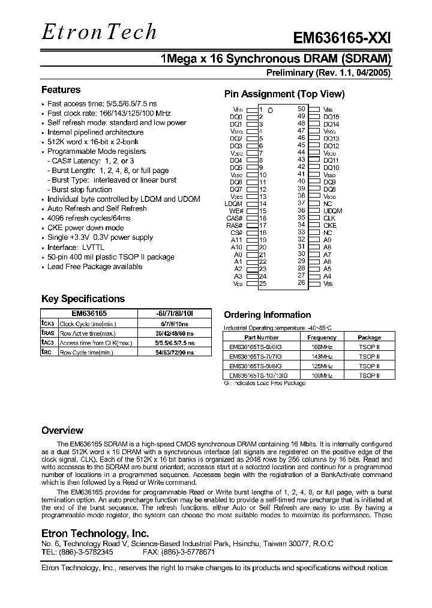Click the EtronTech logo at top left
[99, 32]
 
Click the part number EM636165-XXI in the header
[341, 38]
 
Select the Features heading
[61, 90]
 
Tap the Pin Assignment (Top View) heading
[284, 94]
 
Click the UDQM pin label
[332, 211]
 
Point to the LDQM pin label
[233, 204]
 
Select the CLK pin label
[329, 218]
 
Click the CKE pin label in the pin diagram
[329, 225]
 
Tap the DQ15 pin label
[331, 117]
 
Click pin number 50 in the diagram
[301, 109]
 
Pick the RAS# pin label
[235, 225]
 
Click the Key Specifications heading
[83, 299]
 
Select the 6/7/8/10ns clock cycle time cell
[175, 324]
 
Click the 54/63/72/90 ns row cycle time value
[175, 352]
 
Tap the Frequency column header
[322, 338]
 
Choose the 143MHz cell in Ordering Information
[322, 356]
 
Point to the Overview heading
[62, 431]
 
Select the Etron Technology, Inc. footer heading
[95, 534]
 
